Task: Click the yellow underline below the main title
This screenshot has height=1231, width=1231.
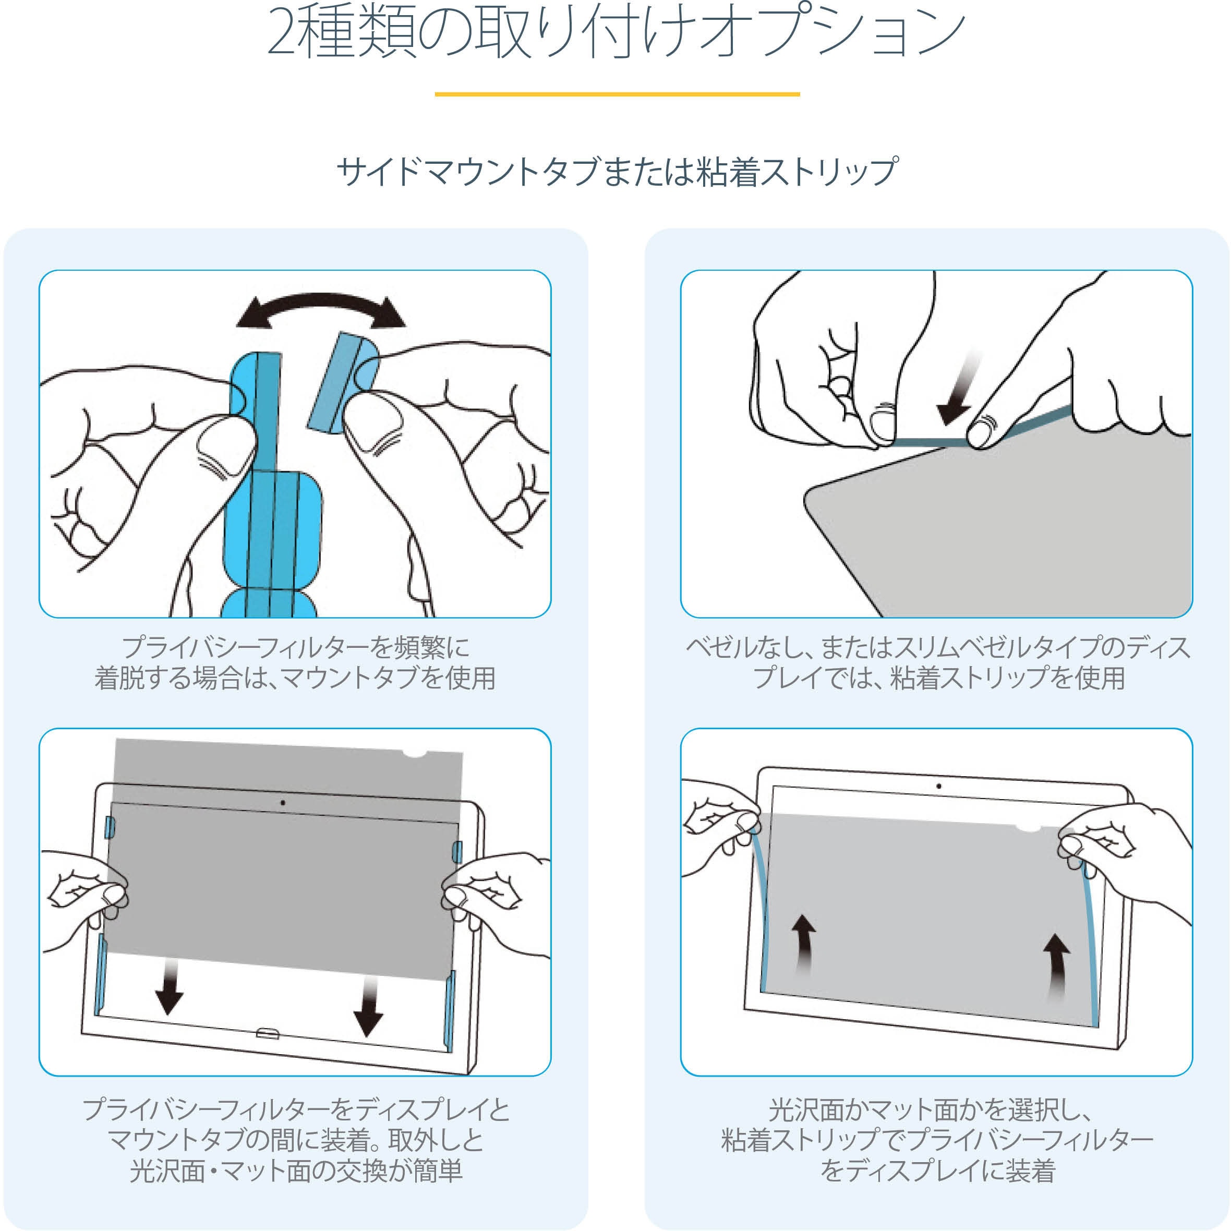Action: (617, 94)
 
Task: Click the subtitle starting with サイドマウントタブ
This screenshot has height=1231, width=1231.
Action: (617, 172)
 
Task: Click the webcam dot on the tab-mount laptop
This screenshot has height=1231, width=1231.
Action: (283, 803)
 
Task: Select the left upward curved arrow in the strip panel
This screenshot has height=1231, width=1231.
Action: (804, 944)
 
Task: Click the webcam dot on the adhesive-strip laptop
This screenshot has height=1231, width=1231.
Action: (938, 786)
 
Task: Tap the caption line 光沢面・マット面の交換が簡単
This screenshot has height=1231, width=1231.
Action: (296, 1170)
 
